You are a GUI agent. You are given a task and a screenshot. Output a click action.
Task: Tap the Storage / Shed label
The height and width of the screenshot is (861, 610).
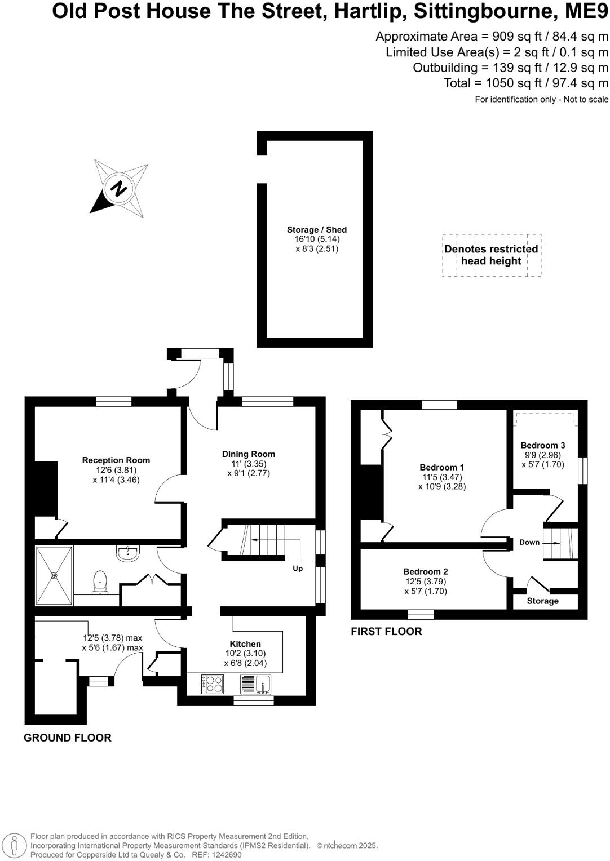point(316,230)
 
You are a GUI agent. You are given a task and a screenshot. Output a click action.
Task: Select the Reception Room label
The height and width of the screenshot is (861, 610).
point(116,460)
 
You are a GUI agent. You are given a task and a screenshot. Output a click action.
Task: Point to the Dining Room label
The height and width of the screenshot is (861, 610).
point(249,454)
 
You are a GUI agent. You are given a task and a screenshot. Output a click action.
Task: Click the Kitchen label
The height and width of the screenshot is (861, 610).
point(245,644)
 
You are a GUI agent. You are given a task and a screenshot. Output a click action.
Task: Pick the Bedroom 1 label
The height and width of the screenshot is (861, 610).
point(442,467)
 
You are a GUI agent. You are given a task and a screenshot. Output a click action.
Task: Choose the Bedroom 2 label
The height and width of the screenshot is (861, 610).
point(426,572)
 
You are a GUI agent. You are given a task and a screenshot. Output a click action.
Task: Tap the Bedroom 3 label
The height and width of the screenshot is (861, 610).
point(543,445)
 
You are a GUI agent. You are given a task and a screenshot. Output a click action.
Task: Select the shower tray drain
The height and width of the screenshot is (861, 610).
point(54,575)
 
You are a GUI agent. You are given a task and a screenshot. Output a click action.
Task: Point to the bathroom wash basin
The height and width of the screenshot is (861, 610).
point(129,553)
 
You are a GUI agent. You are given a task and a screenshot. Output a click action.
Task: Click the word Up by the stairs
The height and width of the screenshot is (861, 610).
point(298,569)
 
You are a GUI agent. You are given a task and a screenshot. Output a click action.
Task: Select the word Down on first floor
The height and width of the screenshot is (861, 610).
point(529,543)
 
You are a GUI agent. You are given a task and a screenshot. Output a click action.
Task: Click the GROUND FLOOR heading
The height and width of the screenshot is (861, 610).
point(68,738)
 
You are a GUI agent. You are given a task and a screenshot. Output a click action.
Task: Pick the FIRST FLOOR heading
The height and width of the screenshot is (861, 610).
point(386,632)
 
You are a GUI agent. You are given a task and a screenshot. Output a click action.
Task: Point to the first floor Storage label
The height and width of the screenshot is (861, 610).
point(542,601)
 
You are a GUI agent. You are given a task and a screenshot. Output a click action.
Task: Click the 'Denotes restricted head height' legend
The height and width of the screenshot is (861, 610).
point(491,255)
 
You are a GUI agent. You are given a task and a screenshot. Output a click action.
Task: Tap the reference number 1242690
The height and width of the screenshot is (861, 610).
point(224,855)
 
